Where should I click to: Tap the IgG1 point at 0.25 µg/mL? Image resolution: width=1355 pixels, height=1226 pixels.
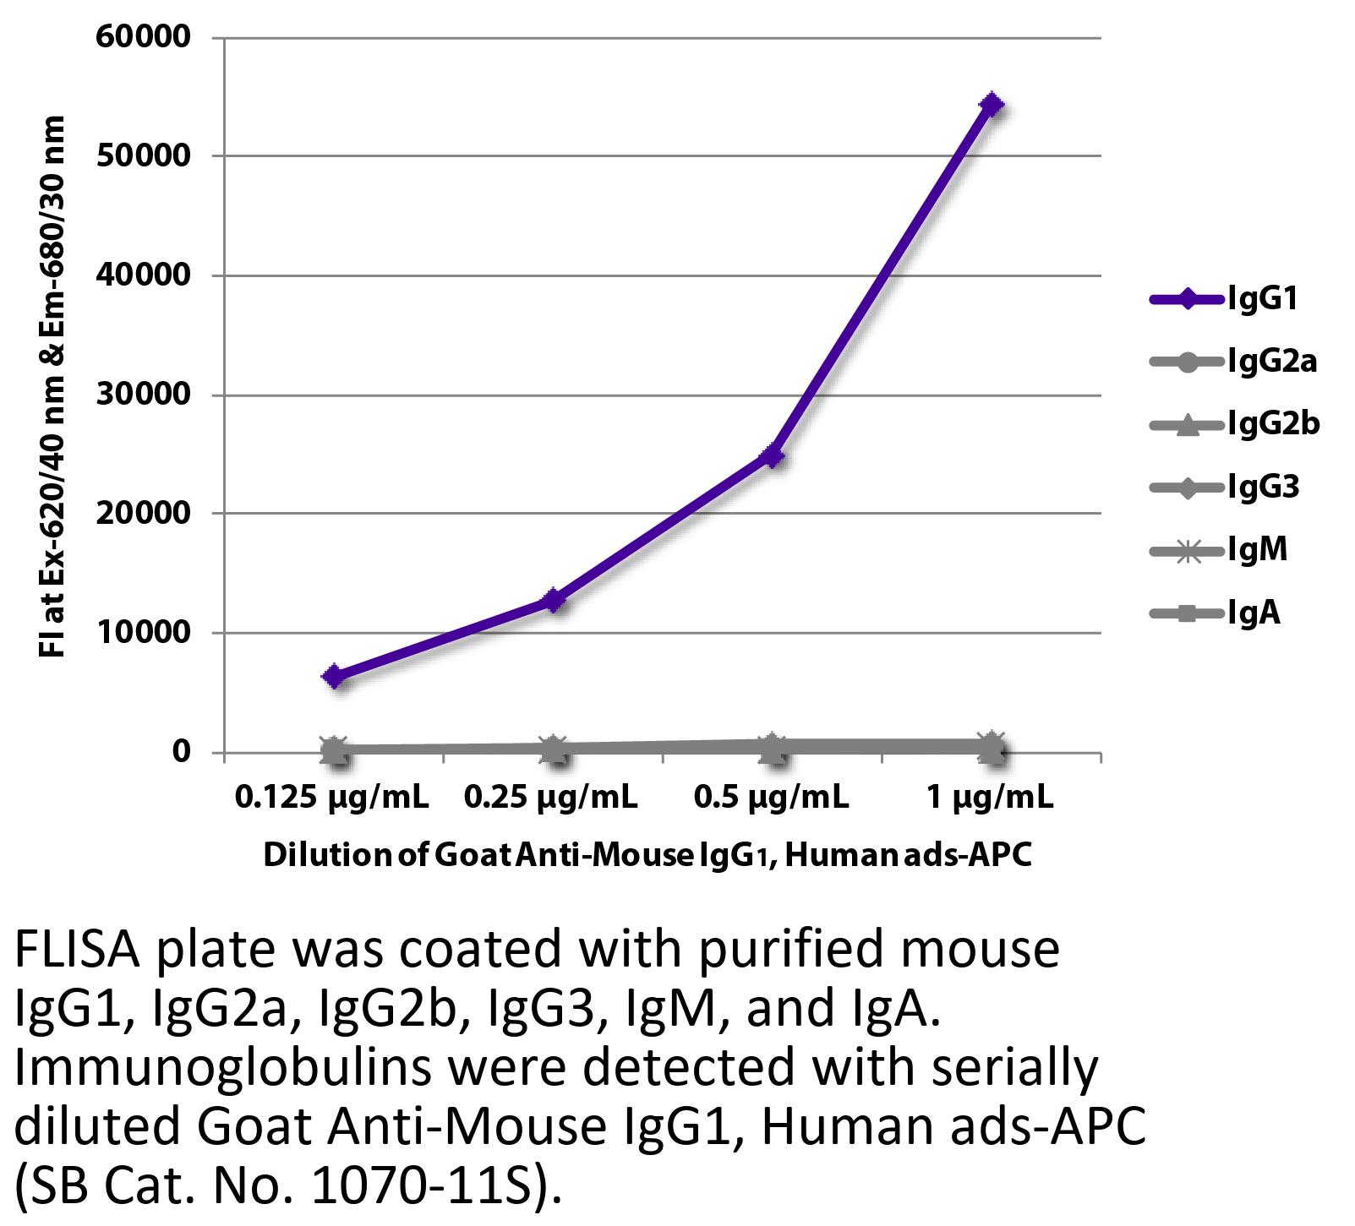pyautogui.click(x=554, y=601)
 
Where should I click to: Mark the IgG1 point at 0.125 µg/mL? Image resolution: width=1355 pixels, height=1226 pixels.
pyautogui.click(x=334, y=676)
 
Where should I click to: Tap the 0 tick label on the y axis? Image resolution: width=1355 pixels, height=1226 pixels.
pyautogui.click(x=181, y=751)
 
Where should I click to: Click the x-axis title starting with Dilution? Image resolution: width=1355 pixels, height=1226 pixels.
pyautogui.click(x=647, y=855)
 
